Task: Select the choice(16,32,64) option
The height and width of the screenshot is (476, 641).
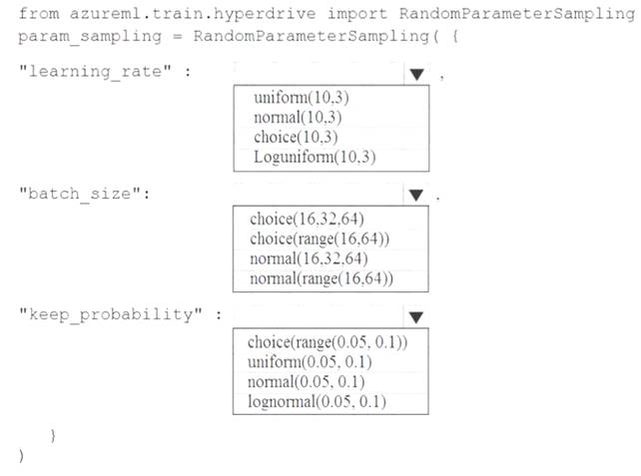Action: pos(307,219)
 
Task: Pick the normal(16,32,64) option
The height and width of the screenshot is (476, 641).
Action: pos(309,258)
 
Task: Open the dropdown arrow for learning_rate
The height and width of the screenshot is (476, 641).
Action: pos(416,75)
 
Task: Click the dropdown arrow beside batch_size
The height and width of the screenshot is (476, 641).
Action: pos(415,195)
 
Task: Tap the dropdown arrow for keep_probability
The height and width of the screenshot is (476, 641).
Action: pos(415,317)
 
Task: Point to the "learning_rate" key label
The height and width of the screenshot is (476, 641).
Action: pos(95,72)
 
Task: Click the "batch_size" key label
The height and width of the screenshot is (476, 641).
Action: pos(80,194)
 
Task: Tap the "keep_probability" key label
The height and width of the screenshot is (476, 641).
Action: pos(111,314)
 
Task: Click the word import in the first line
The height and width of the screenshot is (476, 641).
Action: pos(356,14)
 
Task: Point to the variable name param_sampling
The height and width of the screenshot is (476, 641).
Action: pos(90,36)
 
